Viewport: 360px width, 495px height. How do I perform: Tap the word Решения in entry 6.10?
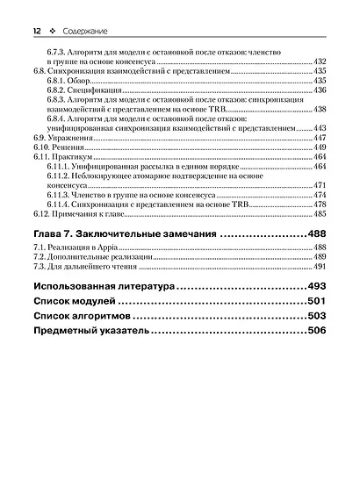click(x=68, y=148)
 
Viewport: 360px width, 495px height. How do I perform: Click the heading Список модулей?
click(x=73, y=303)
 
